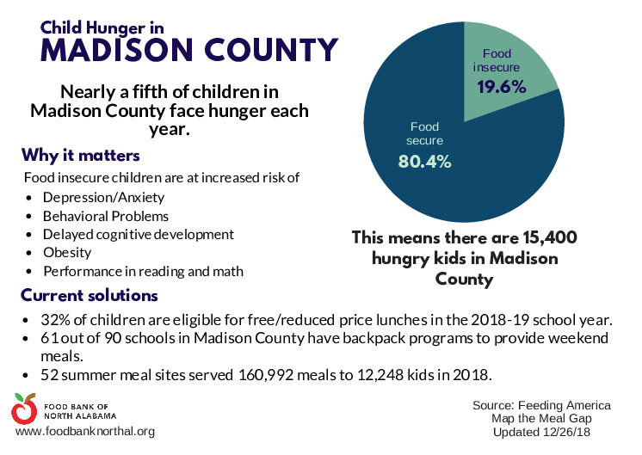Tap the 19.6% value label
point(501,86)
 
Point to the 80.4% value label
point(424,162)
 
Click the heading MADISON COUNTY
point(189,50)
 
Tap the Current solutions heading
point(90,296)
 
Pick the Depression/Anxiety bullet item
point(96,197)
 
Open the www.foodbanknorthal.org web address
point(84,431)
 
